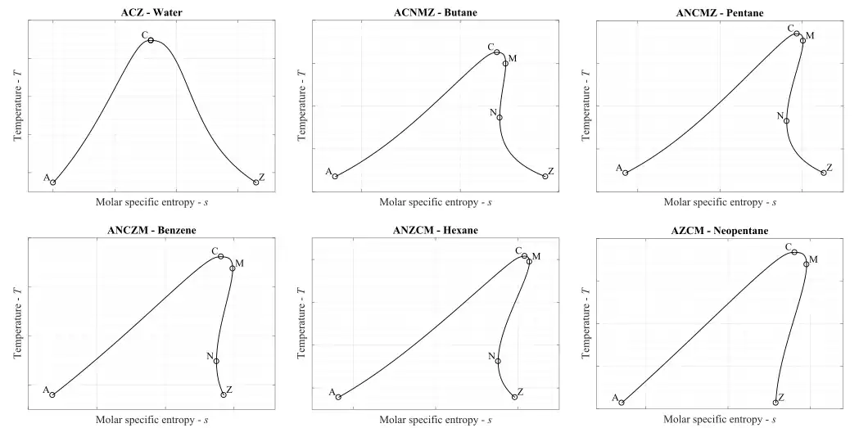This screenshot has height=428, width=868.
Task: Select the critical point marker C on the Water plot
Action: click(151, 40)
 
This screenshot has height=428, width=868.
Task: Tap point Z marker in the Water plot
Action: click(255, 182)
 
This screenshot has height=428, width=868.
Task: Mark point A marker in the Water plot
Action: click(53, 182)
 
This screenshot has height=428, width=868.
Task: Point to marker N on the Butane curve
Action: click(500, 117)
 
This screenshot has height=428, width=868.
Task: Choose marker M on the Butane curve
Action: click(505, 63)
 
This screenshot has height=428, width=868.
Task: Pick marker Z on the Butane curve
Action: click(545, 176)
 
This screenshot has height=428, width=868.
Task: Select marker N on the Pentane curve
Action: click(786, 121)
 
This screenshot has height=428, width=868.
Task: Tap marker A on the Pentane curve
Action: click(625, 173)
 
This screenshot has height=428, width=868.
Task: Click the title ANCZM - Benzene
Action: click(151, 230)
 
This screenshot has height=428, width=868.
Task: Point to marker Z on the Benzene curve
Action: click(223, 394)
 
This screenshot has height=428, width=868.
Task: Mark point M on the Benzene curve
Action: click(233, 268)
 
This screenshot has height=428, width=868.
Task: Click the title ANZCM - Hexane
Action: click(435, 230)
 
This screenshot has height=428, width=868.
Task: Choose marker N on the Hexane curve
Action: click(498, 361)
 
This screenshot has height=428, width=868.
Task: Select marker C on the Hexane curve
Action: click(525, 256)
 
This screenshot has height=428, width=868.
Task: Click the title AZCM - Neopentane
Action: click(718, 230)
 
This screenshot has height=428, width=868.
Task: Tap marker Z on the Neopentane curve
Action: click(775, 402)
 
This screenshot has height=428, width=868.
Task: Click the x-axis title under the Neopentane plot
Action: click(718, 420)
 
